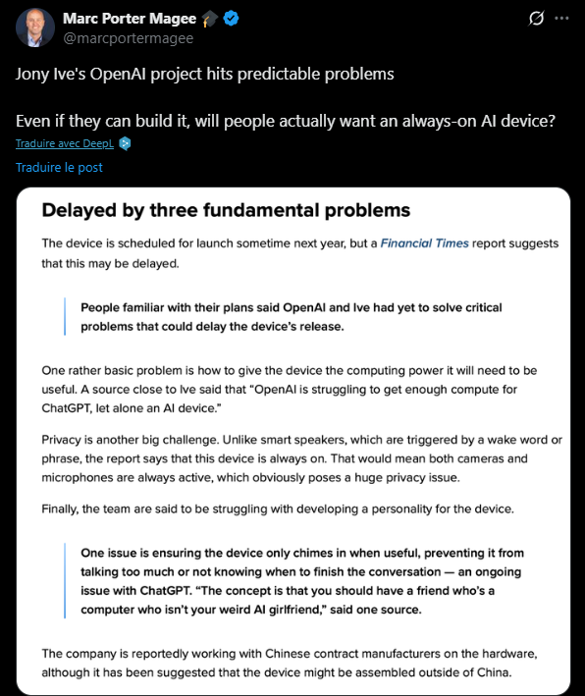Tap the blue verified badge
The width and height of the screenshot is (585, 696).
point(235,19)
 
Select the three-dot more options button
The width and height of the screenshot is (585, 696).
point(561,19)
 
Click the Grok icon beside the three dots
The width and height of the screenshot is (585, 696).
point(536,19)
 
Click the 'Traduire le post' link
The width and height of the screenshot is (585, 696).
point(59,167)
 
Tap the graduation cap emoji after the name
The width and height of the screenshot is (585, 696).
point(210,19)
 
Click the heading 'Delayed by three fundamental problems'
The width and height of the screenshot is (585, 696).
point(226,210)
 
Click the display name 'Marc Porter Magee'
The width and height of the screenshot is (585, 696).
point(131,19)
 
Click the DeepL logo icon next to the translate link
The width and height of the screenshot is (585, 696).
point(125,143)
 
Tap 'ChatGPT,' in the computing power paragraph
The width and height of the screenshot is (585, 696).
point(73,406)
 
